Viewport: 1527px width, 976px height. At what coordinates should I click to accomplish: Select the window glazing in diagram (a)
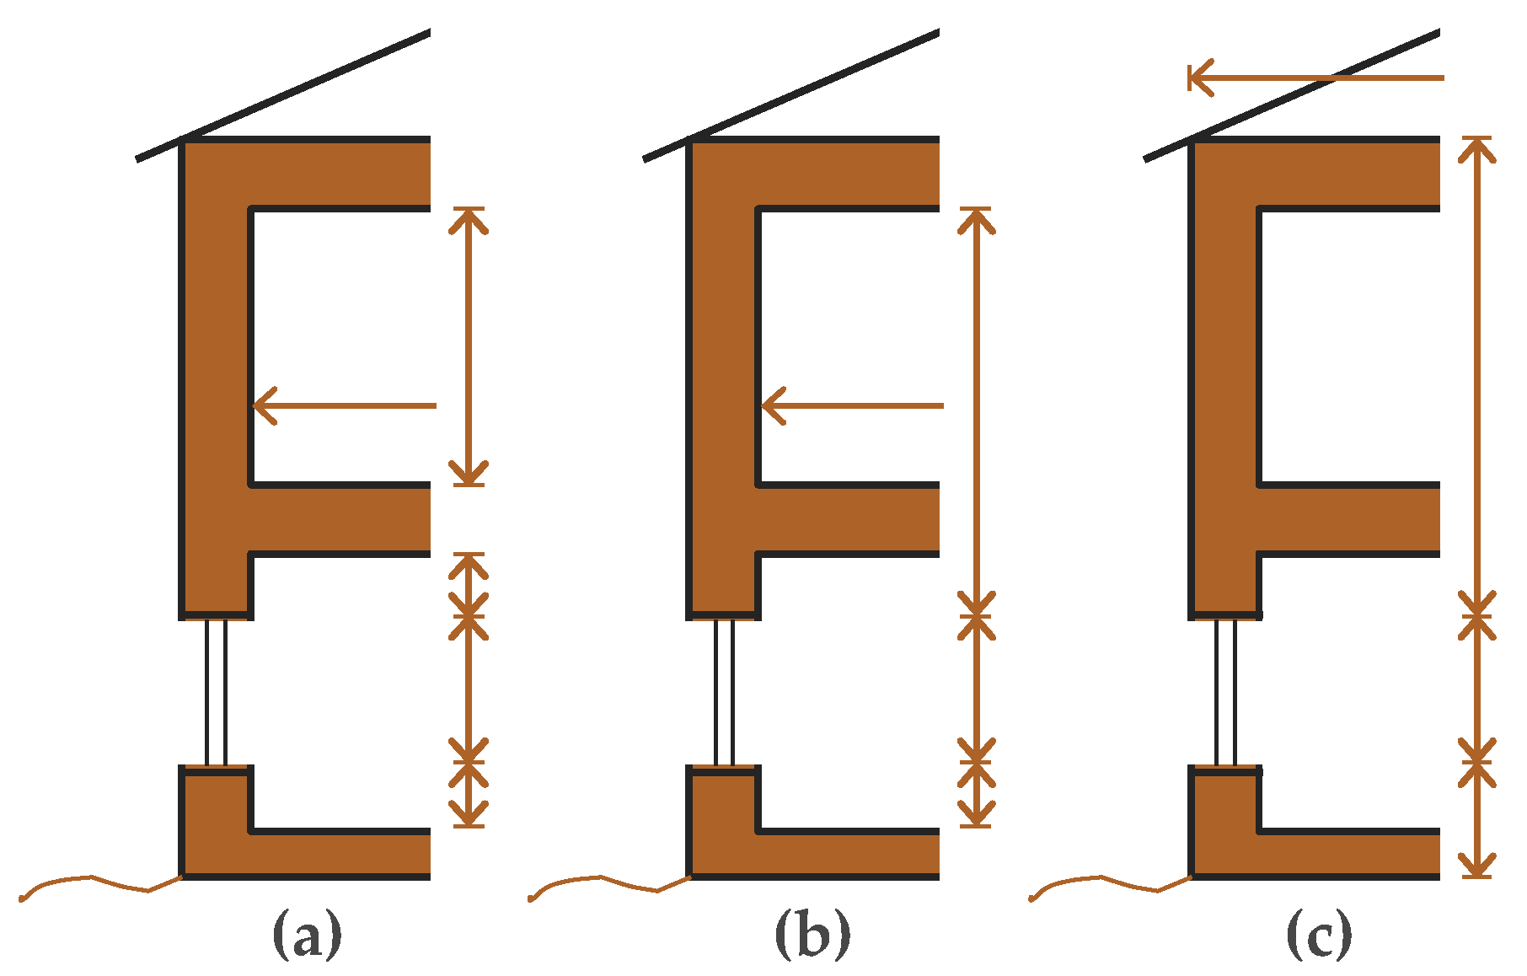[x=216, y=692]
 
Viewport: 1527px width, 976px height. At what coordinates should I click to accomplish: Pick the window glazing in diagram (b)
[x=724, y=692]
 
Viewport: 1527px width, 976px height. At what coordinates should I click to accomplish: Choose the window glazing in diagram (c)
[x=1225, y=692]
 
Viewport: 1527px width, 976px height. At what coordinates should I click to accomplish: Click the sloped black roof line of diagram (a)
[x=287, y=93]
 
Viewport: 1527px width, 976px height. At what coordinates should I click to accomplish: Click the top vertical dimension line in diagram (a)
[x=469, y=346]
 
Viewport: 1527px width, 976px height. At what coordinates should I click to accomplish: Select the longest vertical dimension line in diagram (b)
[x=976, y=405]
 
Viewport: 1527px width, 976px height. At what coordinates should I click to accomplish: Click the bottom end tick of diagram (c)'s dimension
[x=1476, y=877]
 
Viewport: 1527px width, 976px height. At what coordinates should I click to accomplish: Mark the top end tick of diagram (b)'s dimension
[x=976, y=208]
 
